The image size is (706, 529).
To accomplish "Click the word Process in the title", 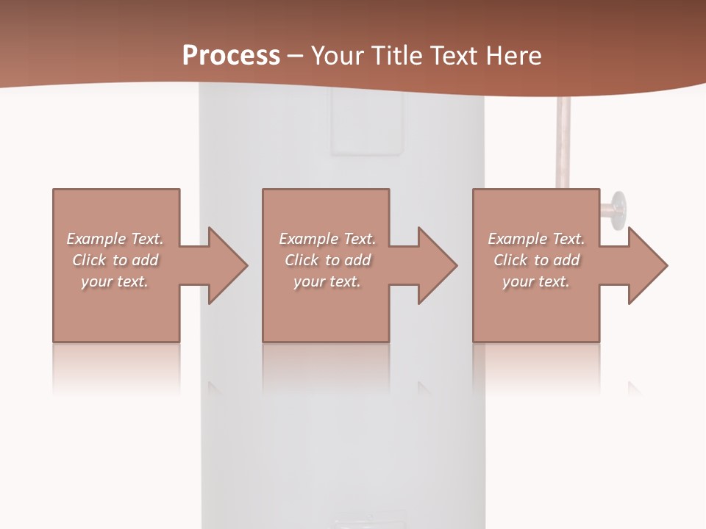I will coord(231,56).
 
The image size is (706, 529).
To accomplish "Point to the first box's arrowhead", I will coord(227,265).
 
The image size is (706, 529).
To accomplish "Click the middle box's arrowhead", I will coord(438,265).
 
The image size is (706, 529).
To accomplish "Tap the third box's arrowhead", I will coord(648,265).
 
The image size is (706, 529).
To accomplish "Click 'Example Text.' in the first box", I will coord(115,239).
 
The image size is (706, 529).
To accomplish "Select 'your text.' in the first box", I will coord(115,281).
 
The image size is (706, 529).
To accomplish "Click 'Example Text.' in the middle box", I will coord(327,239).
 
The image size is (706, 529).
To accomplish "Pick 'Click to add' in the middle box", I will coord(327,260).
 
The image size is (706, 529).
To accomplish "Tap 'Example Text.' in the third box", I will coord(536,239).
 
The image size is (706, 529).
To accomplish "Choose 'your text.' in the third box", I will coord(536,281).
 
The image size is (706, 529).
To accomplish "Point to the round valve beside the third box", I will coord(616,208).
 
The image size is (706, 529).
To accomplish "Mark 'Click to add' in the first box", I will coord(115,260).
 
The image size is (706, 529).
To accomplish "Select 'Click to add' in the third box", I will coord(536,260).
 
